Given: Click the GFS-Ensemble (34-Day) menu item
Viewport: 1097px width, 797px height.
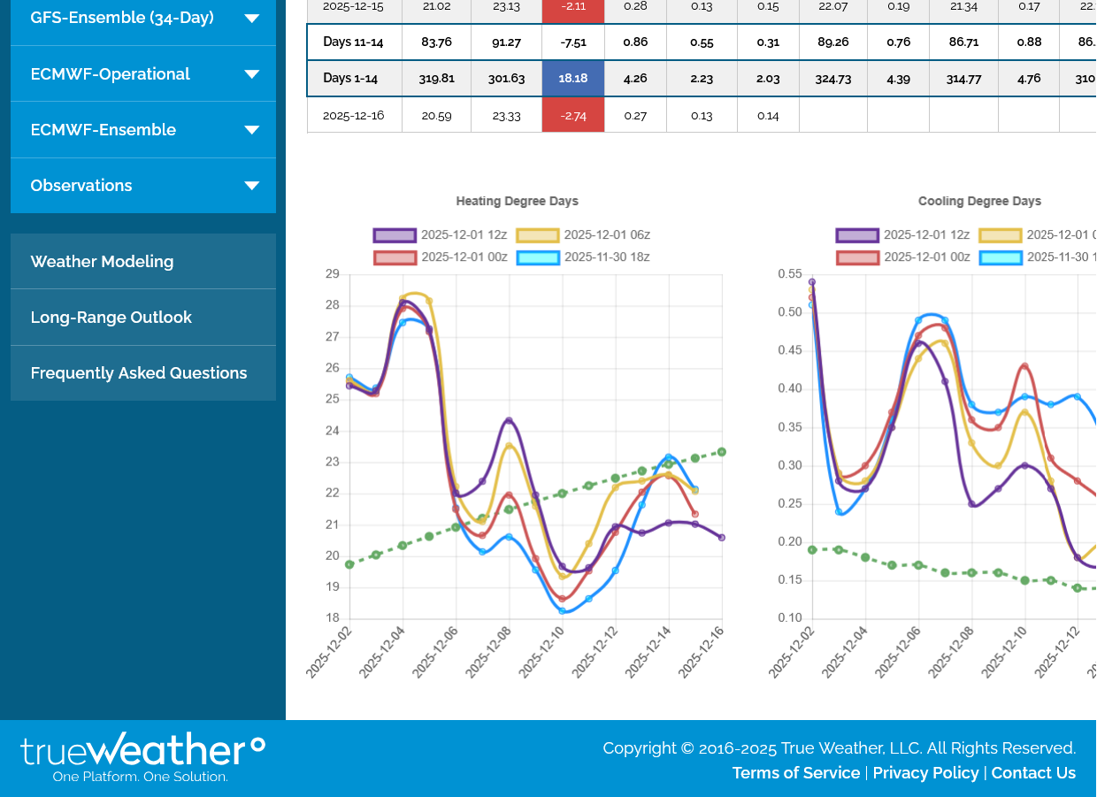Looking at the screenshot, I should [x=122, y=18].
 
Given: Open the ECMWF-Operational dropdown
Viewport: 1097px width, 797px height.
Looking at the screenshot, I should [x=251, y=74].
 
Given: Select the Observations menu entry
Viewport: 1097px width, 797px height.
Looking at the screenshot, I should [x=81, y=186].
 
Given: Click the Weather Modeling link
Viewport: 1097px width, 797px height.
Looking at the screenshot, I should [x=102, y=262].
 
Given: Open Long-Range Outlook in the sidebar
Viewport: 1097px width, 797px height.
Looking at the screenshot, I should [x=111, y=318].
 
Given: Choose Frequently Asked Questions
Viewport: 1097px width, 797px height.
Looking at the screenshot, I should [x=139, y=373].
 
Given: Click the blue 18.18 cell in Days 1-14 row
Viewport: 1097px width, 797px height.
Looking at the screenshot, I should [x=572, y=78].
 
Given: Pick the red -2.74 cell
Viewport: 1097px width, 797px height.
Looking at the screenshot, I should [x=572, y=115].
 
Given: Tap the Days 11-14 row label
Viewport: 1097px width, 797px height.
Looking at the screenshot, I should [x=354, y=42].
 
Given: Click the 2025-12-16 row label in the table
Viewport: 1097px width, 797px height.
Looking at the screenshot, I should [x=354, y=115].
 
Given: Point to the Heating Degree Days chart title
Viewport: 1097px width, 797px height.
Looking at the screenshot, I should [x=517, y=202].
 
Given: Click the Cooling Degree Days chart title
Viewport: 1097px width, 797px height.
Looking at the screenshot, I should [x=979, y=202].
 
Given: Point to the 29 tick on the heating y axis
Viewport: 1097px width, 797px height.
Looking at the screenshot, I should [x=333, y=274].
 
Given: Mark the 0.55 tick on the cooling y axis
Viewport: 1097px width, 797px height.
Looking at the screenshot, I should [x=790, y=274].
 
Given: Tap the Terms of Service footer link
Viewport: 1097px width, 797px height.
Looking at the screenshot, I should [x=796, y=773].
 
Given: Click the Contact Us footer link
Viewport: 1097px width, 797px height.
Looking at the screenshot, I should [x=1033, y=773].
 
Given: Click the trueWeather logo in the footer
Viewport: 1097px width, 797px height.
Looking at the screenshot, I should [x=142, y=756].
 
